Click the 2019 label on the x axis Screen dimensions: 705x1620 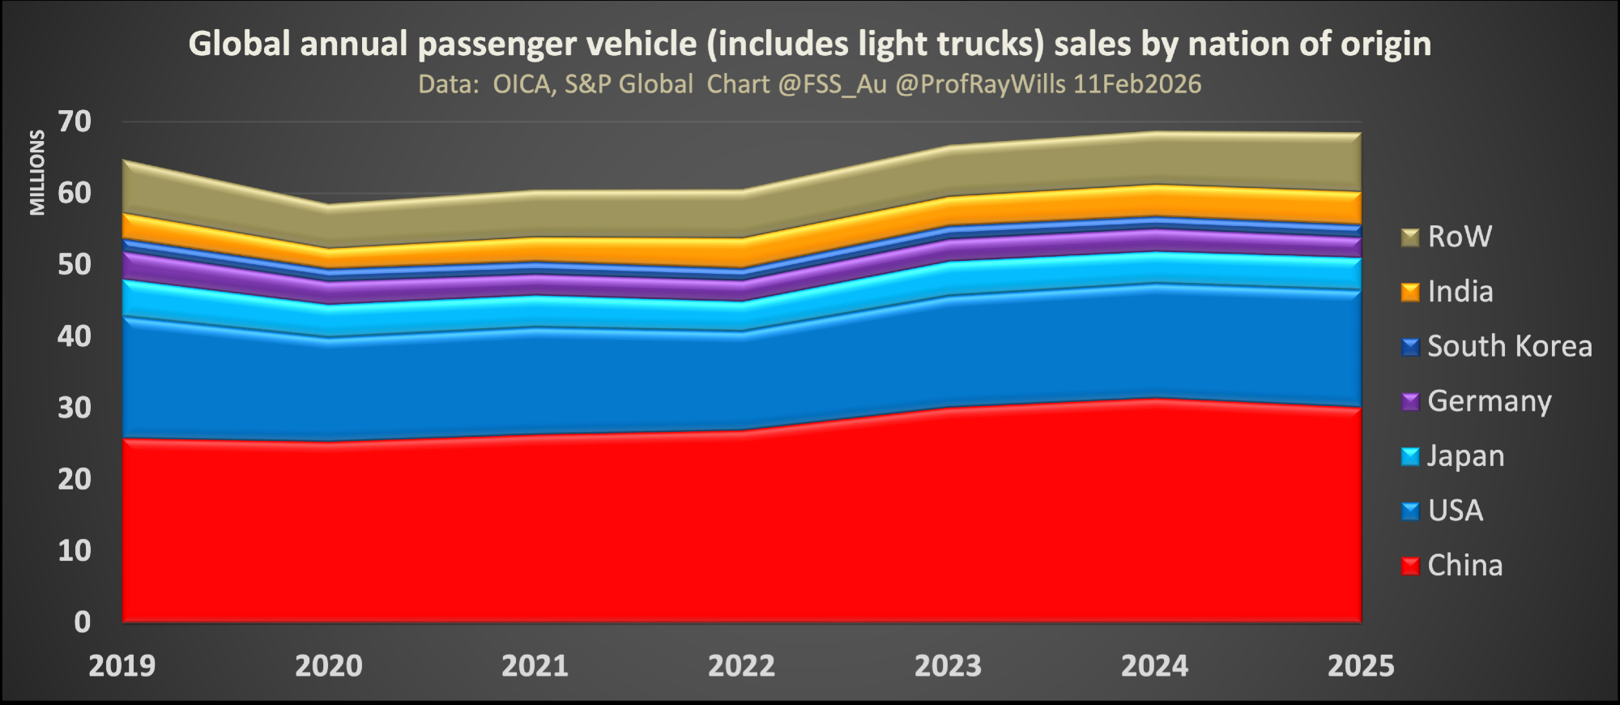(122, 666)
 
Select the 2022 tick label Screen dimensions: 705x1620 (741, 666)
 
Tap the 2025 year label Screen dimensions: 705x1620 (1361, 666)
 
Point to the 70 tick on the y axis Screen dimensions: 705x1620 (75, 122)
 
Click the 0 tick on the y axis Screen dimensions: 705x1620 (82, 622)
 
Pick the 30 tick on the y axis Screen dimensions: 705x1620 (75, 408)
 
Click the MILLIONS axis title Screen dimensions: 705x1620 (37, 173)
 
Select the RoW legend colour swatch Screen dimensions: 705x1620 (1410, 237)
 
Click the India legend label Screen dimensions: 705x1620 (1460, 292)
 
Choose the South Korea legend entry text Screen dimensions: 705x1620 (1510, 347)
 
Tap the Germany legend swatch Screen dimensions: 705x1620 (1410, 402)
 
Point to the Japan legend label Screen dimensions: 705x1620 (1465, 456)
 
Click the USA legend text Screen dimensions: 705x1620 (1456, 511)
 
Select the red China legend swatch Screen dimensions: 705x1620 (1410, 566)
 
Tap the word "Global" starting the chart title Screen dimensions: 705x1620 (239, 44)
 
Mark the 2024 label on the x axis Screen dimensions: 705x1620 (1154, 666)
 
